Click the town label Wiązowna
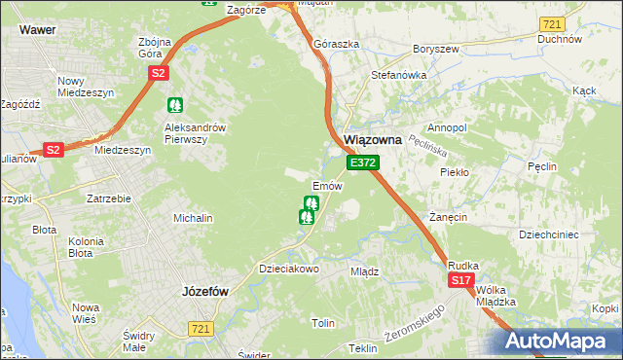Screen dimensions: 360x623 (375, 140)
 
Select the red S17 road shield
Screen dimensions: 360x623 (461, 280)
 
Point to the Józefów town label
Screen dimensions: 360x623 (205, 290)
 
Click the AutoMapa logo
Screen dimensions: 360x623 (561, 342)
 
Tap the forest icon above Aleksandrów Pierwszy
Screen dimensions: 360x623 (175, 104)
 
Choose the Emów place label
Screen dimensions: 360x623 (326, 185)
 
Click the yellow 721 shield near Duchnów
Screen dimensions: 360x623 (553, 23)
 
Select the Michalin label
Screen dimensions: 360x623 (193, 218)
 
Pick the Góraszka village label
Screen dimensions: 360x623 (331, 45)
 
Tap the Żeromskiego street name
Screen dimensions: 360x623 (414, 321)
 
